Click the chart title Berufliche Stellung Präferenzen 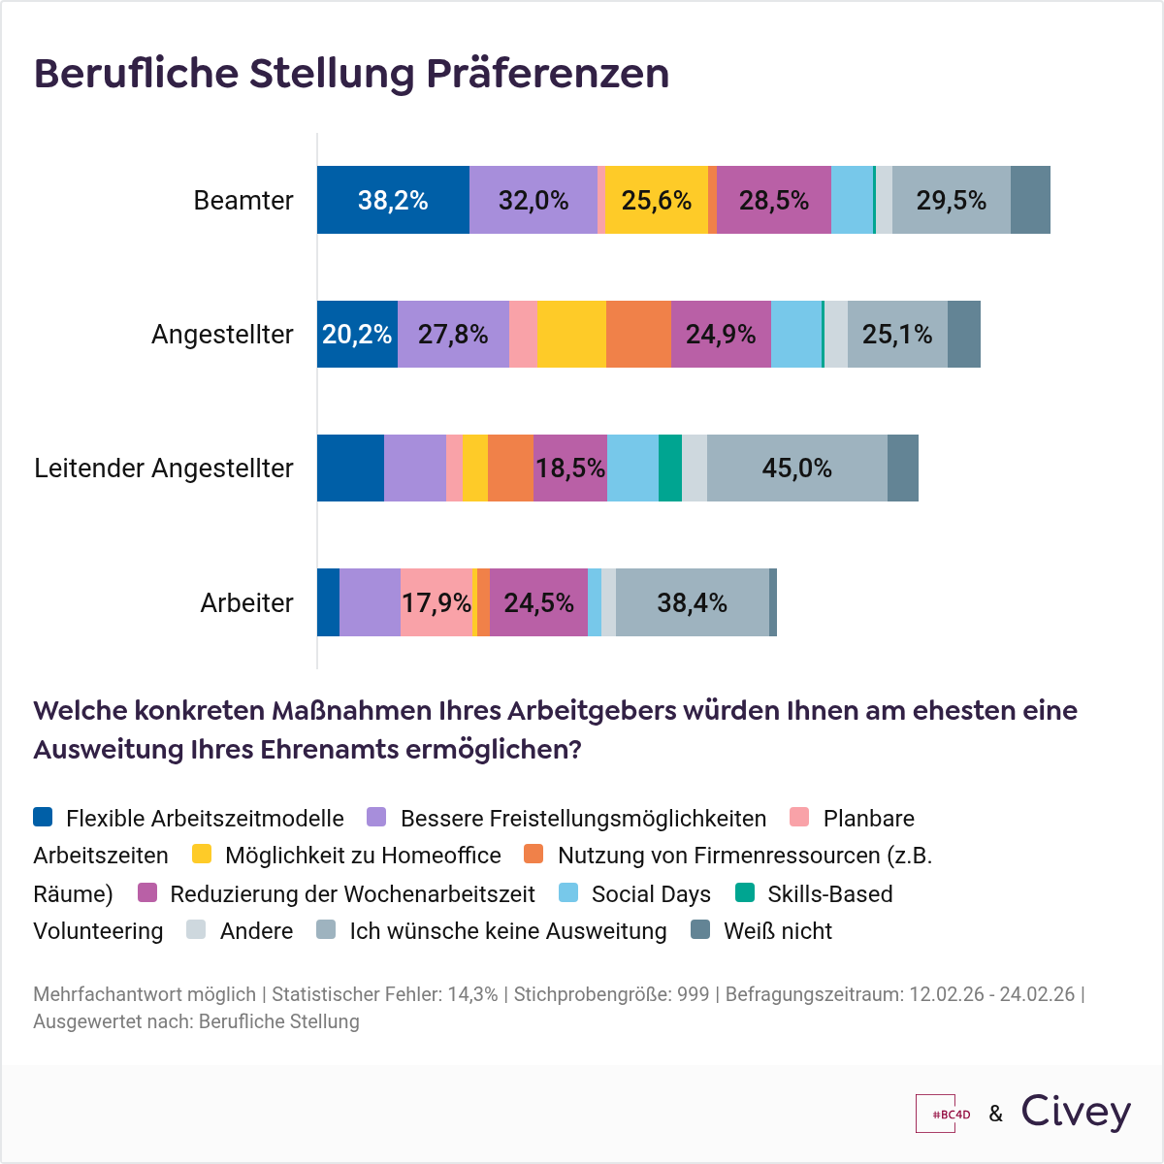(351, 74)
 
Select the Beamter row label (242, 201)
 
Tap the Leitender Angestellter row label (164, 469)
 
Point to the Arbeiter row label (246, 603)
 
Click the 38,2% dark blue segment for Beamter (393, 201)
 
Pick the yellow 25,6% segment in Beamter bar (657, 201)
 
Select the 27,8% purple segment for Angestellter (453, 335)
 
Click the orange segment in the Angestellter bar (638, 335)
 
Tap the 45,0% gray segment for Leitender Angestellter (796, 469)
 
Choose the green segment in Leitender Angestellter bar (669, 469)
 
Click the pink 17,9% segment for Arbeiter (436, 603)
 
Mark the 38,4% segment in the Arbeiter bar (692, 603)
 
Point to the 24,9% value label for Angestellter (721, 335)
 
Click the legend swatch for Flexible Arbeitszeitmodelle (43, 817)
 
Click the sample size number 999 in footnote (693, 994)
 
